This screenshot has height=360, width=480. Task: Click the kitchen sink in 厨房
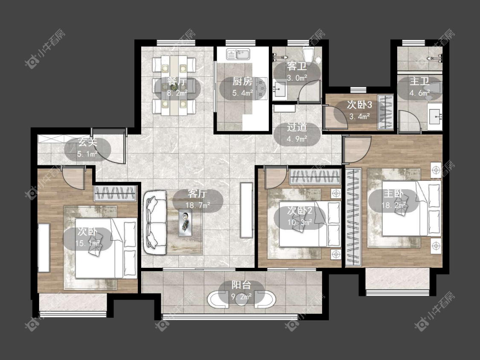[x=238, y=54]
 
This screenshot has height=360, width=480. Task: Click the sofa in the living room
[x=156, y=222]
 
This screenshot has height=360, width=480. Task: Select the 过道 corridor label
[x=297, y=127]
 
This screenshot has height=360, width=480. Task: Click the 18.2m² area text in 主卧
[x=394, y=205]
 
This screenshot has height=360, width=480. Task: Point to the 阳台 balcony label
[x=241, y=285]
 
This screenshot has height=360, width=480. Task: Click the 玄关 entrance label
[x=87, y=142]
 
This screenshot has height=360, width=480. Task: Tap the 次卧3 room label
[x=359, y=105]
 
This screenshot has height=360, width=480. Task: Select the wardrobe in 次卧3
[x=385, y=112]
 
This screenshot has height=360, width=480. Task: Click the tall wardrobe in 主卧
[x=354, y=217]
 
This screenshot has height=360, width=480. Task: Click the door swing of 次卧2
[x=277, y=177]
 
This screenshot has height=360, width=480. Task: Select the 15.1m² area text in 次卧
[x=88, y=243]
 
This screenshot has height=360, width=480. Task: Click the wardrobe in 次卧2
[x=315, y=176]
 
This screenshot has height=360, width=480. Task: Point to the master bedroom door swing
[x=357, y=150]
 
